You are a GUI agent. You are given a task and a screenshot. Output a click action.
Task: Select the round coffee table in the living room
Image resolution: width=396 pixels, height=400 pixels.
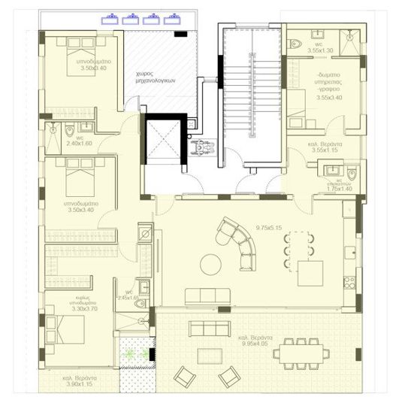pos(209,264)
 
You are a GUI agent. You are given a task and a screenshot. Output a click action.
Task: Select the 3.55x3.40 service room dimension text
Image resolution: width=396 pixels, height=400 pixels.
pos(329,97)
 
